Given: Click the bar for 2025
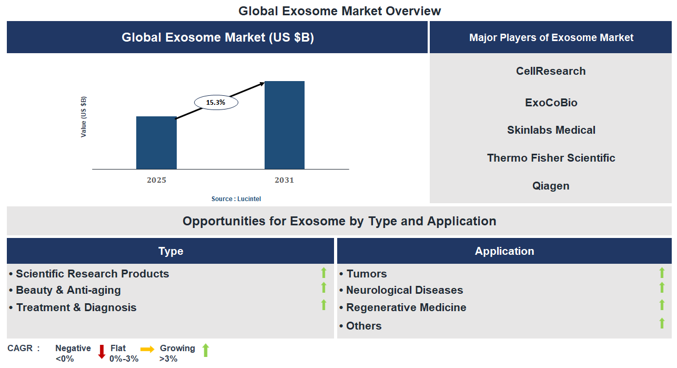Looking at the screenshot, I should pos(156,143).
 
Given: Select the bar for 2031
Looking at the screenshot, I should pos(284,125).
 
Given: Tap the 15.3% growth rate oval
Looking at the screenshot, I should pos(216,103).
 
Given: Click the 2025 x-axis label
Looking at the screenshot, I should pos(156,180).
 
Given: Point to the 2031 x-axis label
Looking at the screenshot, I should pos(284,180).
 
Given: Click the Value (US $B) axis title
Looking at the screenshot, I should pos(84,117).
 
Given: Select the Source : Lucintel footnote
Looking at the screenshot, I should pos(236,199).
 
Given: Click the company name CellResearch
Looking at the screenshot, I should pos(551,71).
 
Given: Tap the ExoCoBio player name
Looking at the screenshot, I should pos(551,103).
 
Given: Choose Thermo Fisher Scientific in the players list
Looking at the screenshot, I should pos(551,158).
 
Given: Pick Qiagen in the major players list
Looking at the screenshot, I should pos(551,186).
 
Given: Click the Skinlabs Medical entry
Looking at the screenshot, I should pos(551,130).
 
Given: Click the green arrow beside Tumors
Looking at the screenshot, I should pos(662,273).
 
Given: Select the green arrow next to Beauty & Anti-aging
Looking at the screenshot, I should pos(324,287).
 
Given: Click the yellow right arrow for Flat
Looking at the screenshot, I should pos(147,349).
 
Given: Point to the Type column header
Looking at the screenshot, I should pos(170,251).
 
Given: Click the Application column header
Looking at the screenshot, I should pos(504,251).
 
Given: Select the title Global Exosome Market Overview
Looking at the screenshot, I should pos(339,11).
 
